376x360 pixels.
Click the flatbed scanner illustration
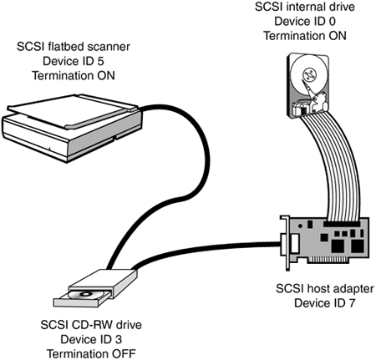pos(73,128)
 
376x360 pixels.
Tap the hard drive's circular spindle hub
pos(309,74)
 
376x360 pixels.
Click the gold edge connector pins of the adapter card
pos(328,261)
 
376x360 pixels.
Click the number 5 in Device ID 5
pos(101,61)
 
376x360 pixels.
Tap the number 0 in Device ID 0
pos(332,22)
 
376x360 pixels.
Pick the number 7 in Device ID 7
pos(352,303)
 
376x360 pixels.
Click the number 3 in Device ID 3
pos(119,339)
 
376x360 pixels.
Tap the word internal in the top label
pos(304,7)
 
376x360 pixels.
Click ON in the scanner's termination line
pos(106,76)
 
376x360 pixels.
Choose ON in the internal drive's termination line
pos(338,36)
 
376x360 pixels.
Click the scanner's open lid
pos(73,110)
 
